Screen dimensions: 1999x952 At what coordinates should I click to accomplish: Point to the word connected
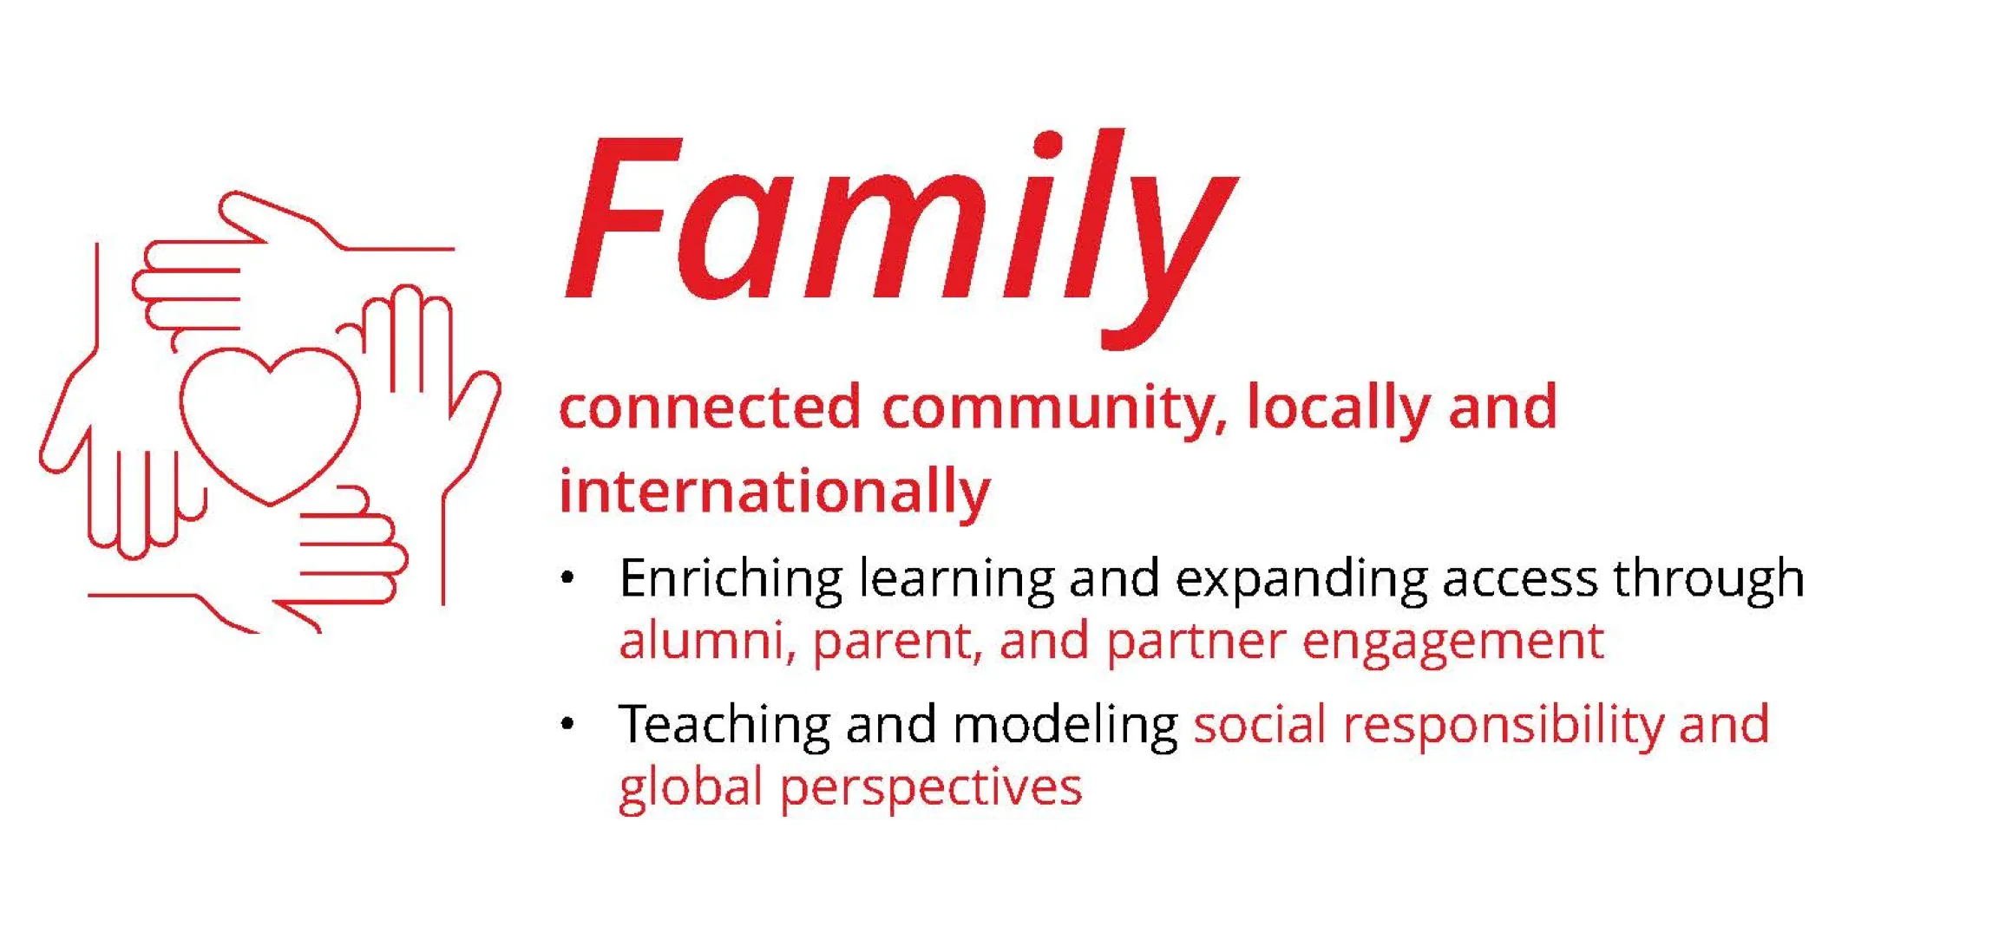click(711, 407)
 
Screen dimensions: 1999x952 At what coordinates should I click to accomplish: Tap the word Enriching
click(731, 579)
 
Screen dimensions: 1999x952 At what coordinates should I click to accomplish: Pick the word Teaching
click(724, 726)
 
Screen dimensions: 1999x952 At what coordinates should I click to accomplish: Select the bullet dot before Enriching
click(567, 577)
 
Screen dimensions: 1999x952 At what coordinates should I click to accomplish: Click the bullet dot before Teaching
click(567, 723)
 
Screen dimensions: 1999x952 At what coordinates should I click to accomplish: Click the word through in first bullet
click(1709, 579)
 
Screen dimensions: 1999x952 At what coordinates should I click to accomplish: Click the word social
click(1260, 725)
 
